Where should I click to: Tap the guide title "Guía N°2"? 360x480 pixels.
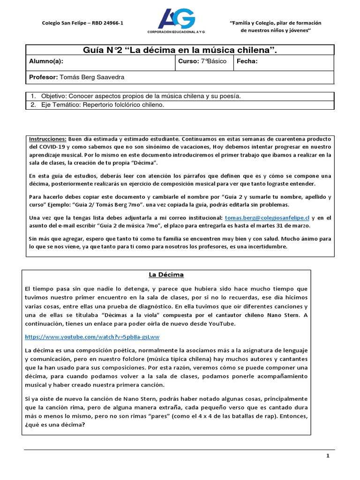(101, 50)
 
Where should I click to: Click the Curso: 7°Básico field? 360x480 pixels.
(202, 61)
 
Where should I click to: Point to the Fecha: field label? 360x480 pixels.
(247, 61)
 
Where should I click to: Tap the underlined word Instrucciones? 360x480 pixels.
(48, 139)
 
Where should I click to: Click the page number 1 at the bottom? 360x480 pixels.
(328, 456)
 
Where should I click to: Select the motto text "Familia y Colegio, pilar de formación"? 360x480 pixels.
(276, 22)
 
